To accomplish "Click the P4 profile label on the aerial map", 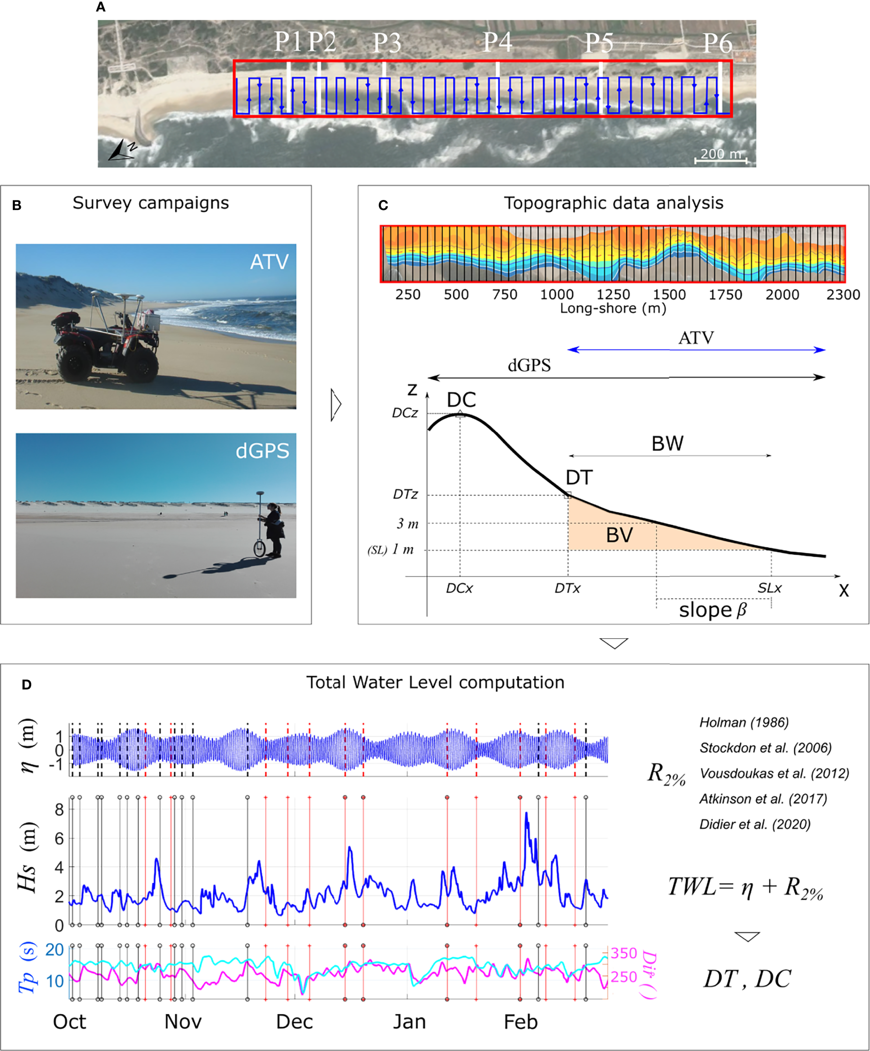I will coord(497,43).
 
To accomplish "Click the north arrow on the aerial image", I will coord(122,150).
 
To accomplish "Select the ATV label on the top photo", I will coord(269,262).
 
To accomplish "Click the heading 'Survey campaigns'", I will coord(151,203).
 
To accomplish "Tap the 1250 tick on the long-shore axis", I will coord(613,294).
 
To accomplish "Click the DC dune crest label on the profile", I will coord(461,400).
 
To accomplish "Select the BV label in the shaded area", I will coord(619,535).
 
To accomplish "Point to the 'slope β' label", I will coord(712,610).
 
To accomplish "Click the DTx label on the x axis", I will coord(567,589).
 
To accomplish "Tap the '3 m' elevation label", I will coord(407,524).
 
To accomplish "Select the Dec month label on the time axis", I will coord(294,1022).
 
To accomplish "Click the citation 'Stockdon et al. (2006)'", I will coord(765,748).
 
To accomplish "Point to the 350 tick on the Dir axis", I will coord(623,953).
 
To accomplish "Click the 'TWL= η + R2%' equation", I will coord(745,888).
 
